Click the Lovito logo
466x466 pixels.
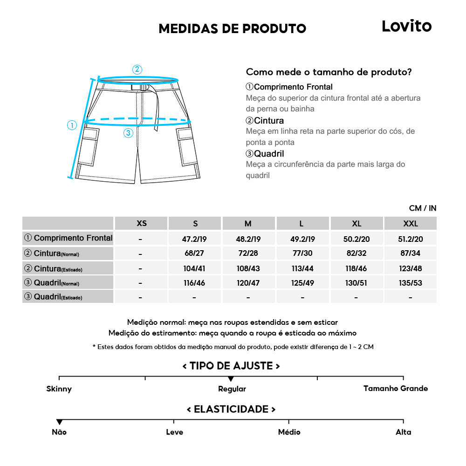point(406,26)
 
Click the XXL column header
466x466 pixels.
point(410,224)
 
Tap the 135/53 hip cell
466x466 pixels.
point(410,283)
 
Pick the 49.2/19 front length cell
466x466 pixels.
point(302,239)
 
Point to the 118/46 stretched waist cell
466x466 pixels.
point(356,268)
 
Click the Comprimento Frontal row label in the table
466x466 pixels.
point(69,238)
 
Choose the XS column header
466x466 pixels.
point(142,224)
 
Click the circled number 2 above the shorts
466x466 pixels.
point(137,69)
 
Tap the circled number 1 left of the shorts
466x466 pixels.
point(72,125)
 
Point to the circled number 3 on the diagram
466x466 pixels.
point(129,133)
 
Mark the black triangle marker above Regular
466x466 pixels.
point(231,379)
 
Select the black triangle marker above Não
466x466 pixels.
point(59,422)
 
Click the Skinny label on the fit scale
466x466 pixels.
point(59,389)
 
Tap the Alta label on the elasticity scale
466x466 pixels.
point(403,432)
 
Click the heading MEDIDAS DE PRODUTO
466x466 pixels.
point(232,28)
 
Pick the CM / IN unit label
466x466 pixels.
point(422,208)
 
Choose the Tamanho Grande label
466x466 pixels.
point(395,388)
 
